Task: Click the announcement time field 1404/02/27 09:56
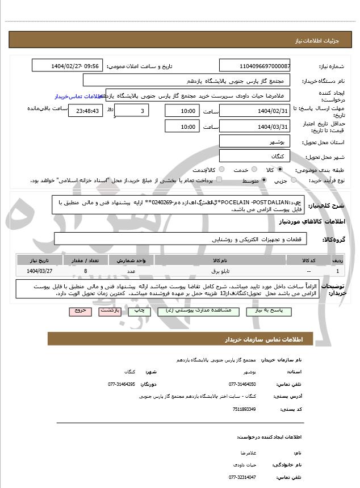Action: [x=68, y=66]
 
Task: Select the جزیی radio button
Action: [x=294, y=180]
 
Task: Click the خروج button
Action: [x=79, y=312]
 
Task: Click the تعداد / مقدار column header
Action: [x=85, y=260]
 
